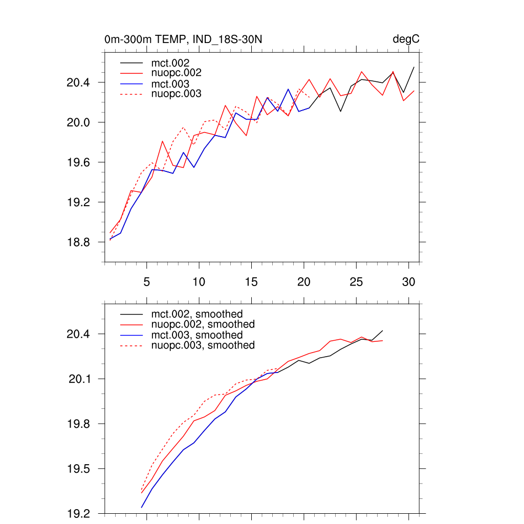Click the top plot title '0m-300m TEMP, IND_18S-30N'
pos(184,39)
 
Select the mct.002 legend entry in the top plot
pos(173,62)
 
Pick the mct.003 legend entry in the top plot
pos(173,83)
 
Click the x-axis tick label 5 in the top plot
pos(146,281)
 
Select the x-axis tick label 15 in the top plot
pos(251,281)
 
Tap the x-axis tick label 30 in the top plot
pos(408,281)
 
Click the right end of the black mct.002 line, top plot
pos(413,67)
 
